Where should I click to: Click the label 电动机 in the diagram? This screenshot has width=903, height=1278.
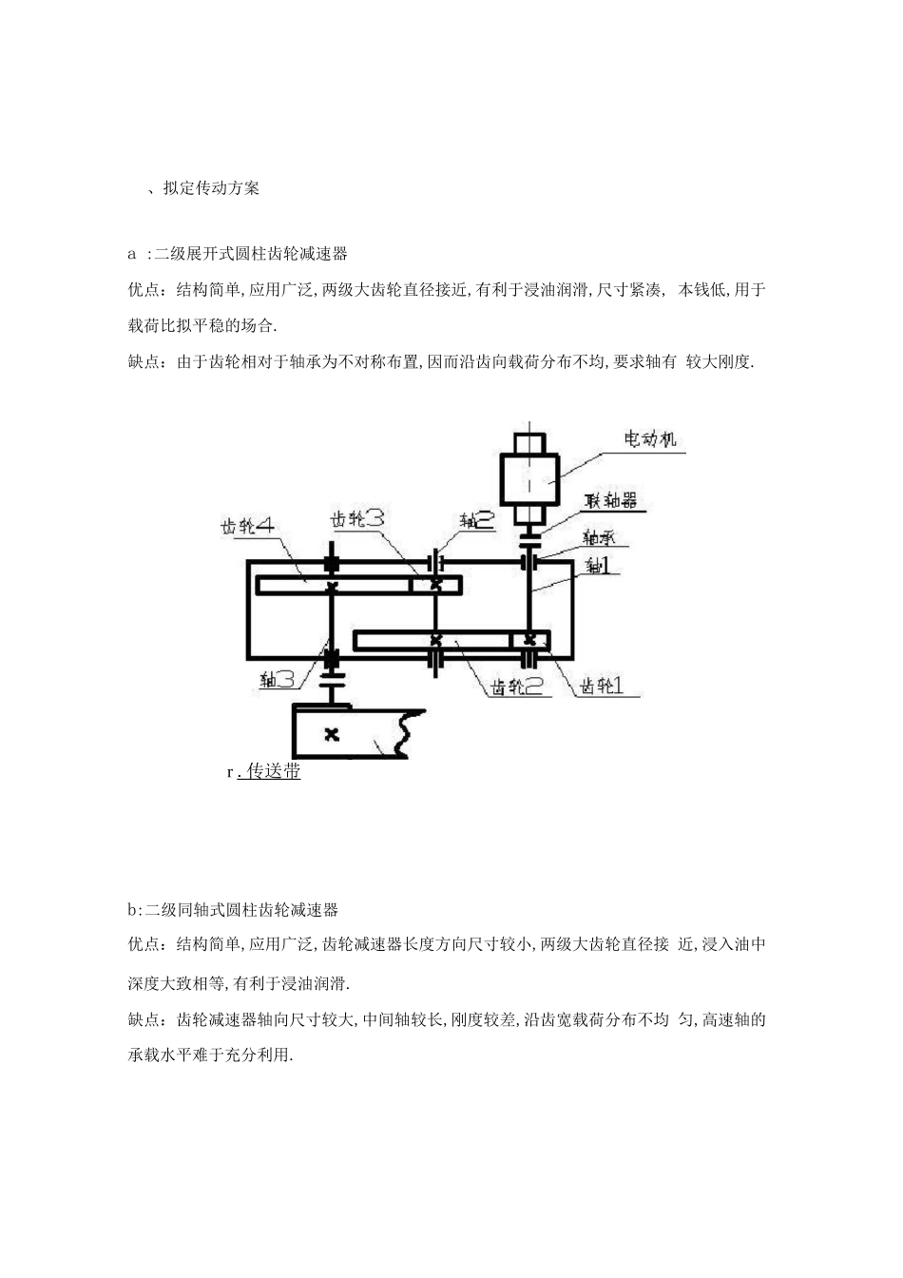click(x=649, y=439)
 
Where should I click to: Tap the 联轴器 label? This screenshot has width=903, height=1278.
click(x=610, y=500)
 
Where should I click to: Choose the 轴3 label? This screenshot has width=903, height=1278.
click(x=281, y=679)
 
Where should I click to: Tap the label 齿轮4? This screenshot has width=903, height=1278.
click(x=248, y=525)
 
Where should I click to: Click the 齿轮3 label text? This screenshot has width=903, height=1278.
click(x=356, y=518)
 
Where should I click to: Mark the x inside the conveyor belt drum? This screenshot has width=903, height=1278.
click(x=331, y=733)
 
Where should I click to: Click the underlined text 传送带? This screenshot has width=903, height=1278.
click(x=274, y=771)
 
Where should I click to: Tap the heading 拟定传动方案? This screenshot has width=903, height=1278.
click(x=211, y=187)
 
